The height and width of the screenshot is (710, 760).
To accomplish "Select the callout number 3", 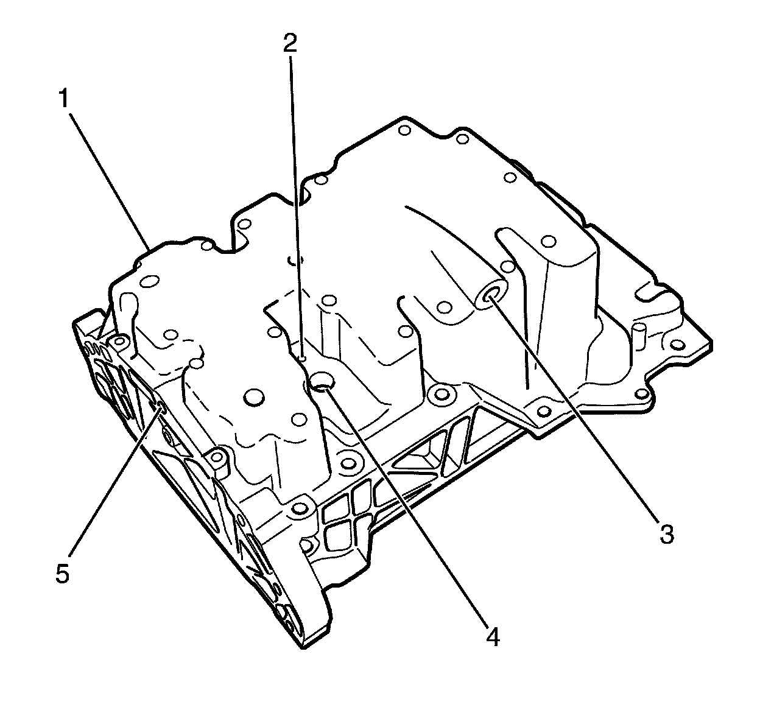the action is tap(666, 535).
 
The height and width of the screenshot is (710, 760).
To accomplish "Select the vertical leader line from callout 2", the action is tap(295, 201).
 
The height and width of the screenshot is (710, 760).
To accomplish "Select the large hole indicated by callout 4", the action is tap(321, 382).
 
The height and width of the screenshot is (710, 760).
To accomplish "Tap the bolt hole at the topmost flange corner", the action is tap(402, 129).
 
